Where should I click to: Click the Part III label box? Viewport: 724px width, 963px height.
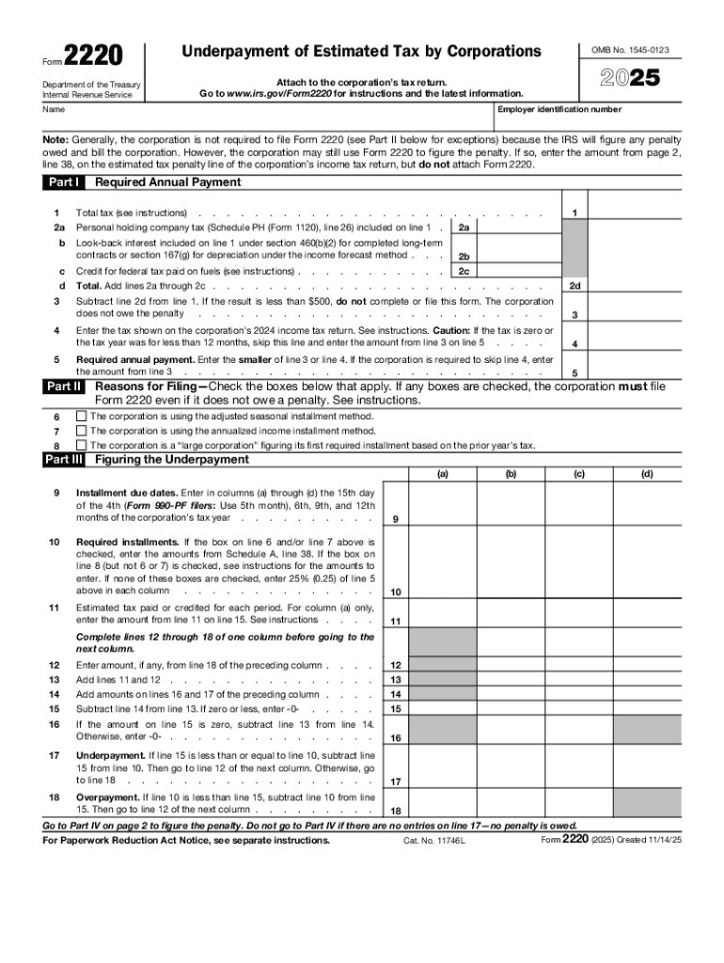pos(65,460)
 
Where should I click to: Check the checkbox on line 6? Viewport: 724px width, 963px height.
pos(81,416)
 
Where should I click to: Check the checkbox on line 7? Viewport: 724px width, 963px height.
pos(81,431)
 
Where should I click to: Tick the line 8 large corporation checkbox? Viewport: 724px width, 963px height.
pos(81,445)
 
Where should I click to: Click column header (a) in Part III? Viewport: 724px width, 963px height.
pos(442,474)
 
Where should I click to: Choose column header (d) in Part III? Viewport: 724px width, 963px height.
pos(648,474)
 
